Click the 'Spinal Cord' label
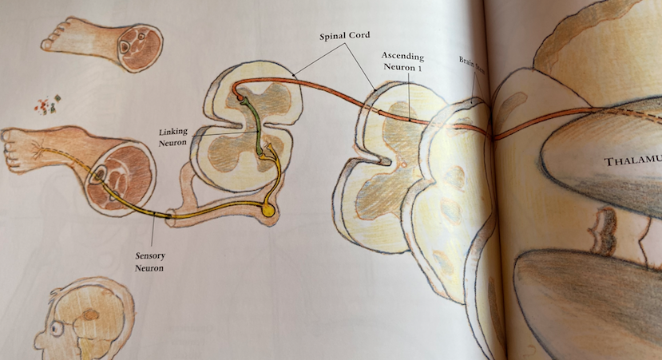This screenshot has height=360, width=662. (x=344, y=37)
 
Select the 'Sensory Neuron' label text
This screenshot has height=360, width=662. (x=149, y=261)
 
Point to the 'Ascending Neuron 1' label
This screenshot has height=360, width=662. (x=402, y=63)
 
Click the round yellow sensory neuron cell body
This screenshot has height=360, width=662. (x=269, y=211)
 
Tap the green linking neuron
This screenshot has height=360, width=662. (x=257, y=128)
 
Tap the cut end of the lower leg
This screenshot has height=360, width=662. (x=125, y=173)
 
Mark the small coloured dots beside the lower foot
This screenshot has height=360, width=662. (x=44, y=105)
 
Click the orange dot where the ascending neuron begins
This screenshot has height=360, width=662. (x=238, y=98)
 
